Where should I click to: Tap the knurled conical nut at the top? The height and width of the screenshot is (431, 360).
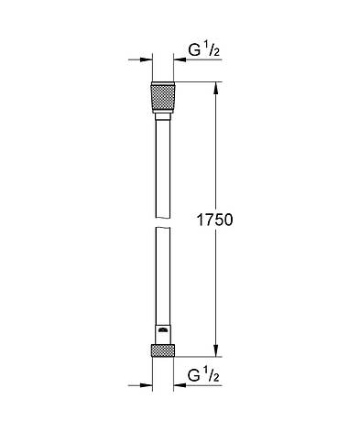click(x=161, y=97)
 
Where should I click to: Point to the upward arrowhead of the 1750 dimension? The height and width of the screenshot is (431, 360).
click(x=215, y=89)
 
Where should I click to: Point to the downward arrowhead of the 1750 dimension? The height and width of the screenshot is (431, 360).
click(x=215, y=350)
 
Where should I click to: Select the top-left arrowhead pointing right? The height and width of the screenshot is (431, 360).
click(x=146, y=62)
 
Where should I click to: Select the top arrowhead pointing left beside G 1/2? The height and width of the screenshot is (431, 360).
click(x=177, y=62)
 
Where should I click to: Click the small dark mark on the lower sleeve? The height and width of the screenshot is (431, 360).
click(x=161, y=329)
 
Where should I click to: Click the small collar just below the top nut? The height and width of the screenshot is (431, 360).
click(x=161, y=117)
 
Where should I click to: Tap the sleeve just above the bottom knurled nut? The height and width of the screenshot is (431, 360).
click(x=161, y=334)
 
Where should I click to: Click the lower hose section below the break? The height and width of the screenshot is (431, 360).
click(x=161, y=279)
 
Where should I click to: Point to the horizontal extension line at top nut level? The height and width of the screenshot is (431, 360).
click(x=197, y=84)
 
